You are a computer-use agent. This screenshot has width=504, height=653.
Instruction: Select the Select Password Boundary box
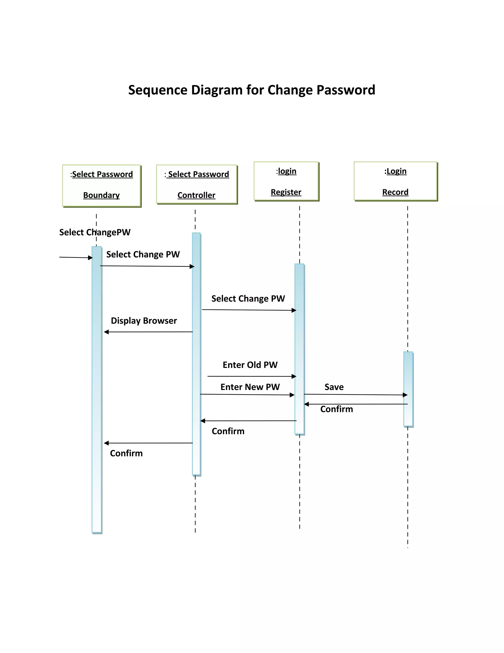[102, 185]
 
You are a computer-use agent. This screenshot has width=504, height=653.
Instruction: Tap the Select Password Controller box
[196, 184]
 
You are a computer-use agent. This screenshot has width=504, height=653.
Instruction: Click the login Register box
[286, 181]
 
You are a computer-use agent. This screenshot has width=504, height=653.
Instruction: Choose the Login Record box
[395, 181]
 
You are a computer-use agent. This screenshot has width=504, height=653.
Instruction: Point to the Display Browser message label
[144, 321]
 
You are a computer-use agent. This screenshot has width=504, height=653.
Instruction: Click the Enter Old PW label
[250, 365]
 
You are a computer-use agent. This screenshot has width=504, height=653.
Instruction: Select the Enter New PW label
[250, 387]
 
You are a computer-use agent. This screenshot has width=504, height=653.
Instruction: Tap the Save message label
[334, 387]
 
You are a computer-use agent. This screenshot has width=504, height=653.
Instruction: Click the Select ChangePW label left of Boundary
[95, 232]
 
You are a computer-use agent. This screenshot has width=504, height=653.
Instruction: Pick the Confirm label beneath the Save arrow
[336, 409]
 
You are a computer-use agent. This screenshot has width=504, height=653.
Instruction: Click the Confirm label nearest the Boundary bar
[126, 453]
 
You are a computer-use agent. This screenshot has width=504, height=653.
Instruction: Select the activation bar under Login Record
[408, 389]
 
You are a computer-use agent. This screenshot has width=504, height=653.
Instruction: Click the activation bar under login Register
[299, 349]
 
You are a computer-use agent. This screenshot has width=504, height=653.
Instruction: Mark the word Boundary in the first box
[102, 195]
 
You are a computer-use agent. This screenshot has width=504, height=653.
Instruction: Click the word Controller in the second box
[196, 195]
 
